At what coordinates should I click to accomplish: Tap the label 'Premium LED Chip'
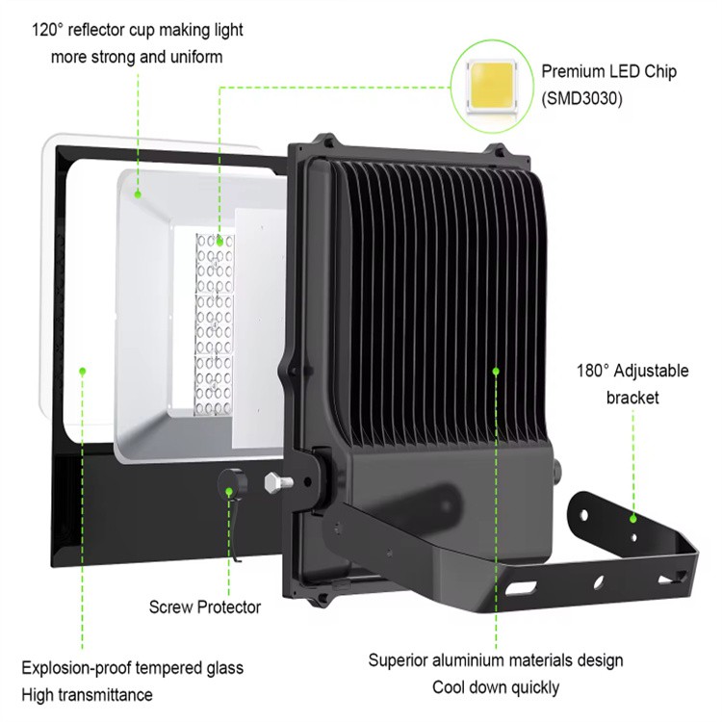608,71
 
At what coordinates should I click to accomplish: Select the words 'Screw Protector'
204,607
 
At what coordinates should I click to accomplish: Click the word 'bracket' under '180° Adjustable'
632,398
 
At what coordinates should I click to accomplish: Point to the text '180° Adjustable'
632,371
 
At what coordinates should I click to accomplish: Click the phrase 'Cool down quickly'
496,687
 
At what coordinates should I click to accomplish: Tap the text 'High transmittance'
88,694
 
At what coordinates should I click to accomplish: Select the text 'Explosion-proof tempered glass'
132,667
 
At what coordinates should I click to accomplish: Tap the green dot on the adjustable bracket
633,518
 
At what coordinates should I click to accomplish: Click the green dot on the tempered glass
84,370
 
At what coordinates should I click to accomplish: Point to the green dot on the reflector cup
138,193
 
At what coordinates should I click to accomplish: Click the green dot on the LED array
219,241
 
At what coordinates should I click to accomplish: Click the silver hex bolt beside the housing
279,478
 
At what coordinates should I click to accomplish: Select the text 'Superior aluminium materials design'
496,660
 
